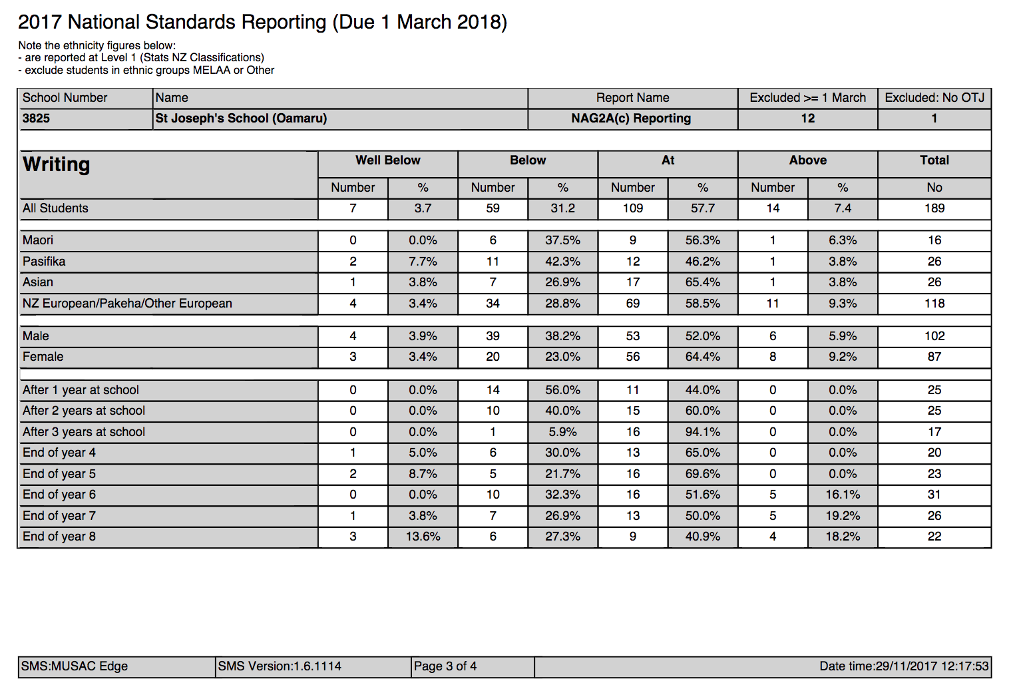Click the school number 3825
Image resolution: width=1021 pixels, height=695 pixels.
[37, 118]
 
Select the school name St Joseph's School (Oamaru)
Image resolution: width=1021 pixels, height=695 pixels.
[241, 118]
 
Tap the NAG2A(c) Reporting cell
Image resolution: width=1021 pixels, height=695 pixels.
[631, 118]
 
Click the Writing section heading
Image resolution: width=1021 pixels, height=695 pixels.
[57, 164]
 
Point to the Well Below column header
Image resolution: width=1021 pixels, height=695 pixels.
[387, 160]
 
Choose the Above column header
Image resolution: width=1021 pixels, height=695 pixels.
[807, 160]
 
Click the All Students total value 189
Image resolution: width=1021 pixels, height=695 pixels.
[934, 208]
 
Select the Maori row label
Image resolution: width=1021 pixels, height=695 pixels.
[38, 240]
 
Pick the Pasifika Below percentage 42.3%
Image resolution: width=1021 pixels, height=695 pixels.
[562, 262]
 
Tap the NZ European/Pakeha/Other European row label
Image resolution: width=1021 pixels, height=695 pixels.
[127, 304]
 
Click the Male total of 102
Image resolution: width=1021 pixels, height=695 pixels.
[934, 336]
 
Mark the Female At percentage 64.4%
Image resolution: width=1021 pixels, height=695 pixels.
[702, 357]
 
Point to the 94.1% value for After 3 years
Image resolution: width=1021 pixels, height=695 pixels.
[702, 432]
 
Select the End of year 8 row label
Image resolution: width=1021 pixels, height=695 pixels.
[59, 537]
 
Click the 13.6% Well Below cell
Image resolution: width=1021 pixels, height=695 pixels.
[423, 537]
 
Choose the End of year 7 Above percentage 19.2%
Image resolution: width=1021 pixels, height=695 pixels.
[842, 516]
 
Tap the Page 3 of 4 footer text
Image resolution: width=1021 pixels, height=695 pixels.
[445, 666]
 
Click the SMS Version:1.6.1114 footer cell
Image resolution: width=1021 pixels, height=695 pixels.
[280, 666]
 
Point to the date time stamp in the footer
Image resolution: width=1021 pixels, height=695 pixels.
[904, 666]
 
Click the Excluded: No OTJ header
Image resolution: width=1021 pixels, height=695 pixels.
[934, 98]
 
